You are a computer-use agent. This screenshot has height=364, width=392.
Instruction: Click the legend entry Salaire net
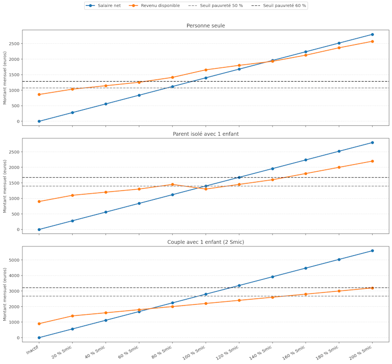click(107, 5)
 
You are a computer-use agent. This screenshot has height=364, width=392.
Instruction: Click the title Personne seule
click(205, 25)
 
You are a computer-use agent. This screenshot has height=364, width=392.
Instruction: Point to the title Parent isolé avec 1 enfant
click(205, 134)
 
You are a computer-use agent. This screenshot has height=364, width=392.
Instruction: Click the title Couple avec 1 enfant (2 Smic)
click(205, 242)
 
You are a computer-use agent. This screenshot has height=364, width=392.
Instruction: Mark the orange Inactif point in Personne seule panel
click(39, 95)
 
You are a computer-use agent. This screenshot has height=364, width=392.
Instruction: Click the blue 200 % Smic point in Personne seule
click(372, 34)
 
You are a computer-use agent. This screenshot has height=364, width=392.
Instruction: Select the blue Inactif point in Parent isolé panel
click(39, 229)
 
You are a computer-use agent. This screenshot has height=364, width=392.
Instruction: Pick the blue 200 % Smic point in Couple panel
click(372, 251)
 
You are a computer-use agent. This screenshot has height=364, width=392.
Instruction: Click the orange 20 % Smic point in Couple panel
click(72, 316)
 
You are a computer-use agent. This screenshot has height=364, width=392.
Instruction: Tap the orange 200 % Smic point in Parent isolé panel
click(372, 161)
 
